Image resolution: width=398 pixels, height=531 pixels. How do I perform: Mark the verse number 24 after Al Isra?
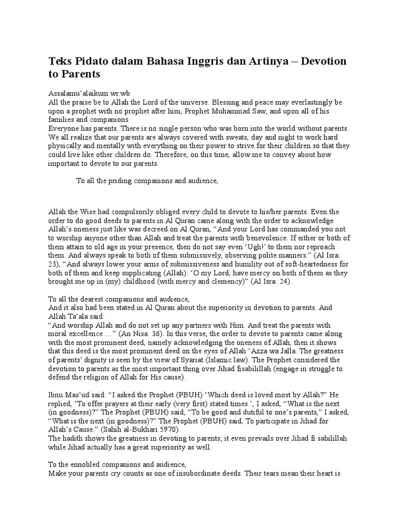point(285,282)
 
